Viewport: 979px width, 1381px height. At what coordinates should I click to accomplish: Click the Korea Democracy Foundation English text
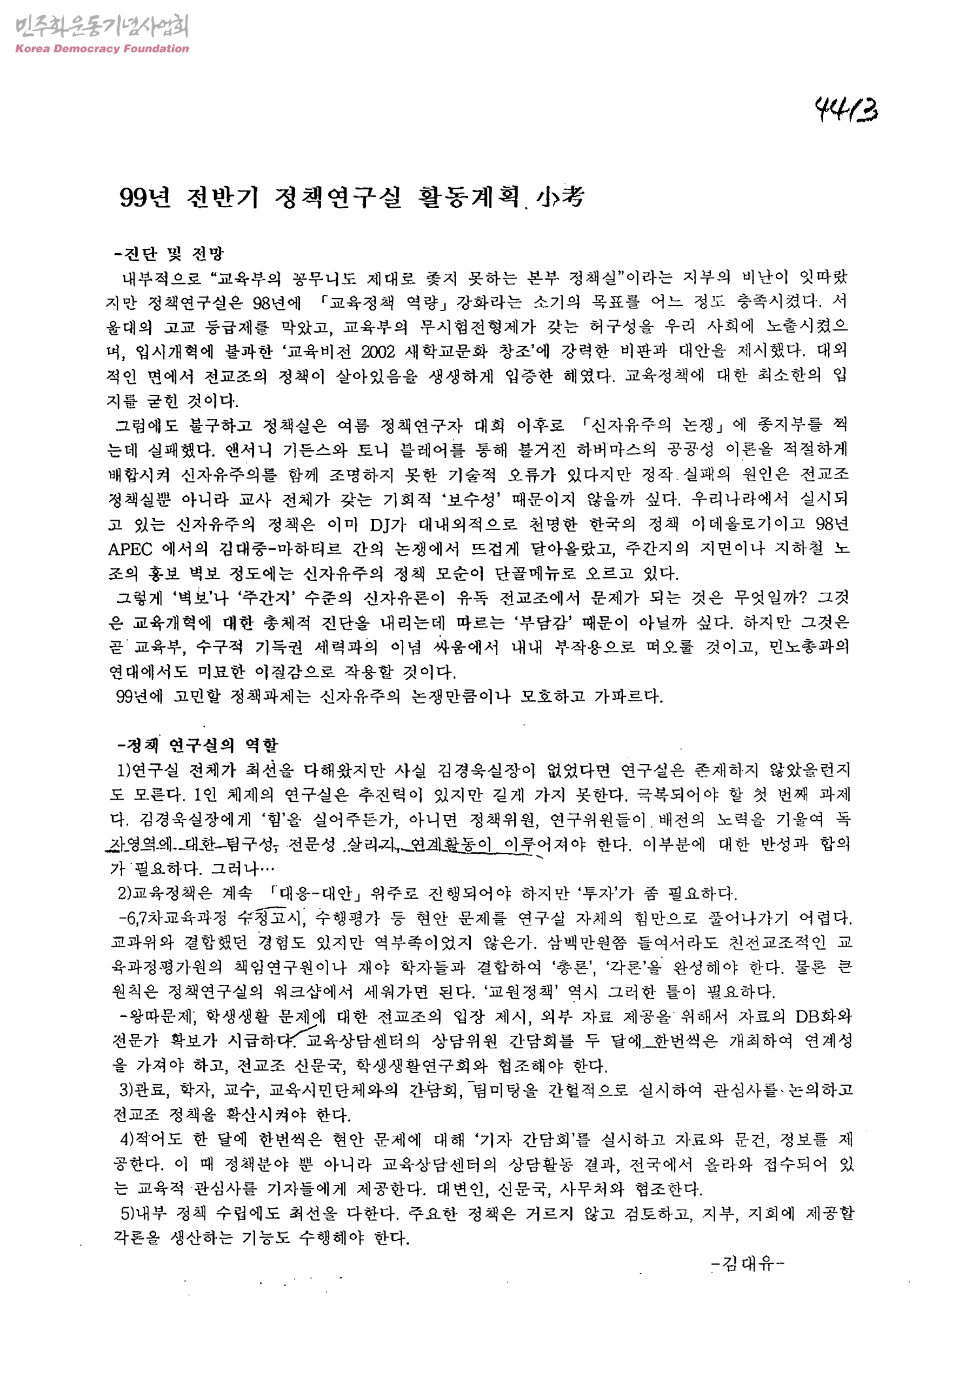(101, 48)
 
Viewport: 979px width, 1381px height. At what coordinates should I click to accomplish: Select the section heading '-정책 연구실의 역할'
(195, 745)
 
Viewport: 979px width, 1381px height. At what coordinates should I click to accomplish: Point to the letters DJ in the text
(381, 524)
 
